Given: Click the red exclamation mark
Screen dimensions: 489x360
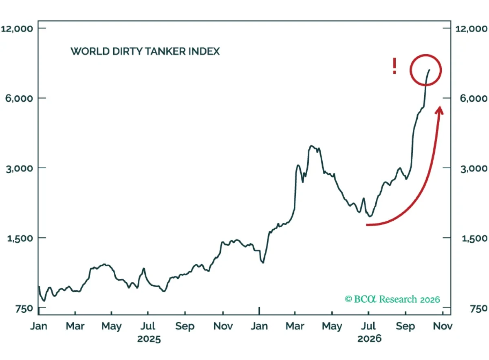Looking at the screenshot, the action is pyautogui.click(x=394, y=66).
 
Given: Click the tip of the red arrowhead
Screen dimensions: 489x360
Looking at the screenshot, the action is pyautogui.click(x=440, y=106).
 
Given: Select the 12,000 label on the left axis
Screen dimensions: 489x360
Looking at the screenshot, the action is pyautogui.click(x=17, y=29).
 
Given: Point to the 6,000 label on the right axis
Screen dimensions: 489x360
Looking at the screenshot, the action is pyautogui.click(x=473, y=98).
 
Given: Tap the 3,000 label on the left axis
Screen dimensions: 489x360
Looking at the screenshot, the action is pyautogui.click(x=20, y=169).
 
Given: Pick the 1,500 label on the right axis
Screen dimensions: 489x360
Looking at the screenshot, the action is pyautogui.click(x=474, y=238).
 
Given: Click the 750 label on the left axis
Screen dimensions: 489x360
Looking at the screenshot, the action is pyautogui.click(x=24, y=309).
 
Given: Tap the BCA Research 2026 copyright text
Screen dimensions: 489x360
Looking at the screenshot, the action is pyautogui.click(x=392, y=299).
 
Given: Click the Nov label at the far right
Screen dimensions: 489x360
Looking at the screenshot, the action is pyautogui.click(x=443, y=326).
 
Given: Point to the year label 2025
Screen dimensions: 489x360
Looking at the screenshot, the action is pyautogui.click(x=149, y=339).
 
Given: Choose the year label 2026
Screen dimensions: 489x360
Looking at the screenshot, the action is pyautogui.click(x=369, y=339).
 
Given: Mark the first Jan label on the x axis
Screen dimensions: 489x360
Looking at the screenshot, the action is pyautogui.click(x=39, y=326).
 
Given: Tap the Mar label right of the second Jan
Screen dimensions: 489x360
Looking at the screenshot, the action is pyautogui.click(x=295, y=326).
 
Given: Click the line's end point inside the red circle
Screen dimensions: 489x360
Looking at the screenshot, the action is pyautogui.click(x=430, y=70).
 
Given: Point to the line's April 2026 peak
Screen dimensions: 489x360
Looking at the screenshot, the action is pyautogui.click(x=311, y=146).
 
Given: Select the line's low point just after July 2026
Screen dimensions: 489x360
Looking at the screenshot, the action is pyautogui.click(x=370, y=216).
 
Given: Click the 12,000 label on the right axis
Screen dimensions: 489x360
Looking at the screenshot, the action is pyautogui.click(x=471, y=29).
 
